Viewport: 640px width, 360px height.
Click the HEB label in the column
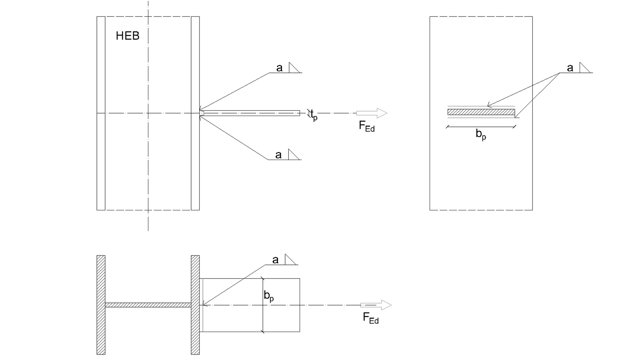tap(128, 36)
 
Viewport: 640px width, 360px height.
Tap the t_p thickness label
tap(314, 115)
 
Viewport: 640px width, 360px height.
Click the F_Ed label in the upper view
tap(366, 126)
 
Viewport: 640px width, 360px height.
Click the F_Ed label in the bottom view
tap(370, 318)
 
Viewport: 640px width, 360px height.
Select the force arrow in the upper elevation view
tap(372, 113)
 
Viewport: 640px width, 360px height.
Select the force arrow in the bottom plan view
tap(376, 305)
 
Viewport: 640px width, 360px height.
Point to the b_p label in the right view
tap(481, 134)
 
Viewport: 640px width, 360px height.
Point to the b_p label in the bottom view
tap(269, 296)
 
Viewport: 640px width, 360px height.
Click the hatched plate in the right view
tap(481, 112)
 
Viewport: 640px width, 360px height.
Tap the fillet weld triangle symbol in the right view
tap(584, 68)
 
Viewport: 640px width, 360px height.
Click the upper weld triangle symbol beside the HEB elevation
tap(294, 68)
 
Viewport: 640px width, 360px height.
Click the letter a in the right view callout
tap(570, 68)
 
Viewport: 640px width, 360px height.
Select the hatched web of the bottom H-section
tap(148, 305)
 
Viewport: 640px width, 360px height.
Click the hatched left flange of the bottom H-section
tap(101, 305)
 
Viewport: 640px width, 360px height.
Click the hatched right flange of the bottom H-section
tap(195, 305)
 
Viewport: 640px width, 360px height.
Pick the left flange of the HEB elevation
tap(101, 113)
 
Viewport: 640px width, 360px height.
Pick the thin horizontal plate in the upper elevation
tap(250, 113)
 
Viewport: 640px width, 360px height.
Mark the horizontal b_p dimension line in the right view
tap(481, 126)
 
